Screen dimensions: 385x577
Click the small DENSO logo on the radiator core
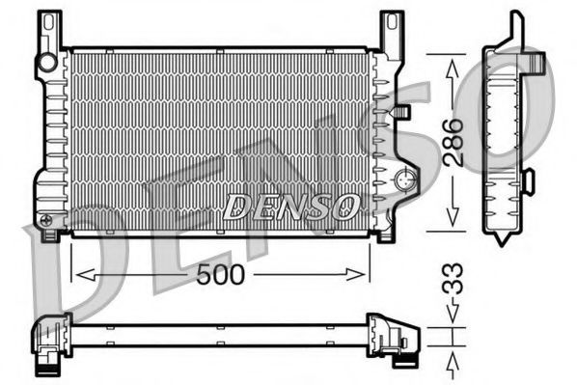click(291, 206)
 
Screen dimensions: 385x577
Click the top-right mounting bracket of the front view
click(390, 29)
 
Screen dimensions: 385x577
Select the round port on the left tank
click(46, 64)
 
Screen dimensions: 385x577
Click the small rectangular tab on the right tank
click(402, 112)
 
